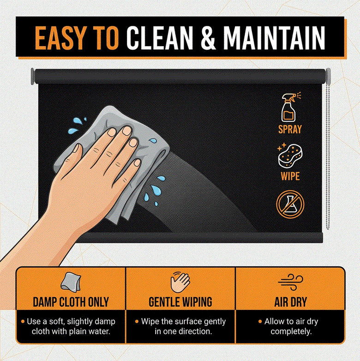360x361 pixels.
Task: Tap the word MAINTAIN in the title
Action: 274,37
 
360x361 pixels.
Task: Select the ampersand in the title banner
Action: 209,37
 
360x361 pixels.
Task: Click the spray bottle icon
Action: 290,107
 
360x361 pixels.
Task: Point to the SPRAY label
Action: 290,129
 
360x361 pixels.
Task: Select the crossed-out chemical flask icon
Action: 289,204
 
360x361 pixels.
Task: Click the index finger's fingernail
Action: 112,132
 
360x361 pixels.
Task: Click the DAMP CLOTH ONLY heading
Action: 71,302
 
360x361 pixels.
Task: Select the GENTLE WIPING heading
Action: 180,302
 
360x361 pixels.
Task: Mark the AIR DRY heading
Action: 290,302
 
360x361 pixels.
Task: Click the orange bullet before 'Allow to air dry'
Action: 260,321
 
